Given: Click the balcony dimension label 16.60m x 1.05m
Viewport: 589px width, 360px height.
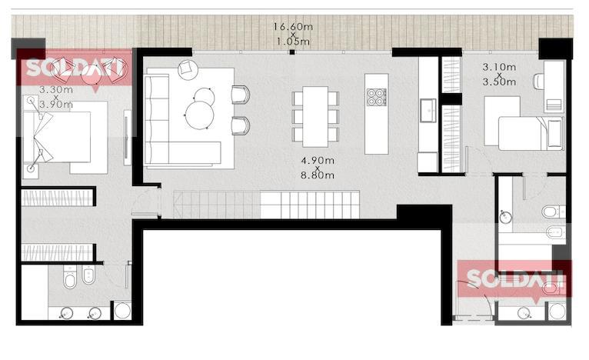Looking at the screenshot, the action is [293, 34].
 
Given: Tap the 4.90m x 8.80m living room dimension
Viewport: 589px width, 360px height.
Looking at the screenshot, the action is [318, 168].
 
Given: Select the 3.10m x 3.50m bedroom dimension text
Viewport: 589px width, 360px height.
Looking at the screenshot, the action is [499, 75].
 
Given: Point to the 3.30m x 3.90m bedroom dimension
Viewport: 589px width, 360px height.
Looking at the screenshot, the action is [56, 97].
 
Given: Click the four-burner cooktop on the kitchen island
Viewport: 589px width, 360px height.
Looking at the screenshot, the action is [376, 97].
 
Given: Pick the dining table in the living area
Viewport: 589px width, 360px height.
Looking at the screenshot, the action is [315, 116].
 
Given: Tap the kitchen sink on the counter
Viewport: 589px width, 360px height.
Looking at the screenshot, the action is [428, 111].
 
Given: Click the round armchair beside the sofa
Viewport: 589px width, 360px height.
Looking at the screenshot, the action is [188, 69].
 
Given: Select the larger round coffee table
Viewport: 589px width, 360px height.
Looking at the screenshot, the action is [199, 115].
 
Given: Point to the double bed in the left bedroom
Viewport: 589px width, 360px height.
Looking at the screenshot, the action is [57, 137].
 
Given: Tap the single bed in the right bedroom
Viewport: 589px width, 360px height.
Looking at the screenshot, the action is [531, 133].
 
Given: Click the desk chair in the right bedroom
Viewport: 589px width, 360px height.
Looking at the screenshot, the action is [538, 82].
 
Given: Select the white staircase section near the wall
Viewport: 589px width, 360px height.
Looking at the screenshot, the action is [310, 205].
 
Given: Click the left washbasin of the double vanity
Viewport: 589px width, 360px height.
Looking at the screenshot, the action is [67, 312].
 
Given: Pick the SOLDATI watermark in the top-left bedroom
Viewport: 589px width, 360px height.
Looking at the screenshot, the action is [75, 68].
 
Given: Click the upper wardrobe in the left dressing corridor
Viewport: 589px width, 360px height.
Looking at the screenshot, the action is [57, 198].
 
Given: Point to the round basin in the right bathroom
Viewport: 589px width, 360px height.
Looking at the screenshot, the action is [506, 217].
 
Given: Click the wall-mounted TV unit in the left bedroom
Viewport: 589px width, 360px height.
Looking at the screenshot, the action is [128, 138].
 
